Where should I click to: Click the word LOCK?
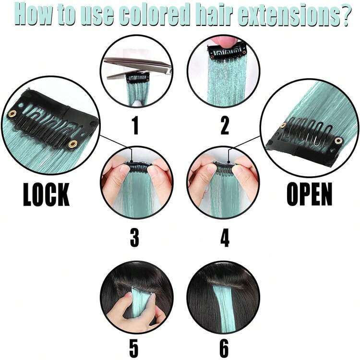(x=46, y=194)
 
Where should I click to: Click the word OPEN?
(x=310, y=194)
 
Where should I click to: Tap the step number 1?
(x=136, y=126)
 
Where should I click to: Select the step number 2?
(x=225, y=126)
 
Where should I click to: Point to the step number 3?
(x=134, y=238)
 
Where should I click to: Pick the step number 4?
(x=225, y=238)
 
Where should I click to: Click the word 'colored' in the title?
(x=155, y=14)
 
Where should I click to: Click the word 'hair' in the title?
(x=214, y=14)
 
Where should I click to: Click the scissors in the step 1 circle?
(x=137, y=68)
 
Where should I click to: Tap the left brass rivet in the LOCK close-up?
(x=12, y=113)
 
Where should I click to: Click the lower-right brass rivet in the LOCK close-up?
(x=73, y=144)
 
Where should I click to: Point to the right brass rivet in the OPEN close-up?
(x=338, y=141)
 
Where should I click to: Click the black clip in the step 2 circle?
(x=227, y=51)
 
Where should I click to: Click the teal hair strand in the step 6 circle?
(x=222, y=305)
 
